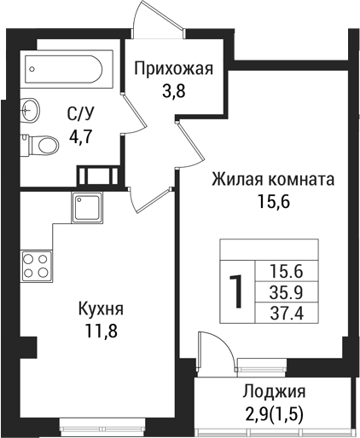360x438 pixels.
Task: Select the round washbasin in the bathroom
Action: [31, 109]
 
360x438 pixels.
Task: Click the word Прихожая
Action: [174, 69]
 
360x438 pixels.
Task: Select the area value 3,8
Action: [174, 89]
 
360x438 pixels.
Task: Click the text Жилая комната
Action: [272, 181]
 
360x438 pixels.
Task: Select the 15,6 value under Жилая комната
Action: [272, 202]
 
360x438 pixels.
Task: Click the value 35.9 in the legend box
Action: [287, 291]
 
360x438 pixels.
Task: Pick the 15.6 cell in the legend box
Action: [287, 271]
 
